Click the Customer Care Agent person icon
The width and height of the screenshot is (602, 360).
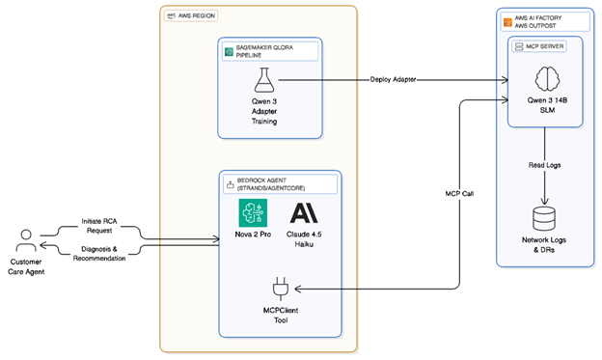click(x=28, y=239)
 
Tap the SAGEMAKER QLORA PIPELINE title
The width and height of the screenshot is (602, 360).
click(x=267, y=53)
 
